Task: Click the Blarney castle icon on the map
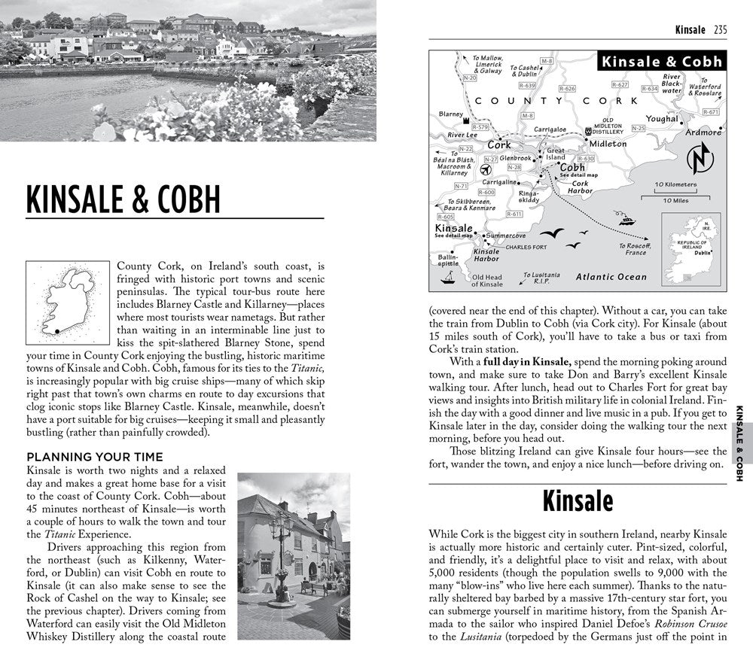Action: [x=467, y=121]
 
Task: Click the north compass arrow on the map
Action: [x=700, y=160]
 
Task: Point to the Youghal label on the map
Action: [x=662, y=119]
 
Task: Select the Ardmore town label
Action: [x=703, y=132]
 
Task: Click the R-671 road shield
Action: [x=710, y=112]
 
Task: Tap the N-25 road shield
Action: [x=638, y=129]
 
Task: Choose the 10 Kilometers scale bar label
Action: [x=675, y=184]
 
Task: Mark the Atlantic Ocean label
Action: [x=611, y=277]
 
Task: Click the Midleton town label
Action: [x=608, y=143]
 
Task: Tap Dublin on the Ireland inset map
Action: [x=703, y=254]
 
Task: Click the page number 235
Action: [x=720, y=30]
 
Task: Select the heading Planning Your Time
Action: [x=94, y=457]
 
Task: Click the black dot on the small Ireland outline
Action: [x=56, y=330]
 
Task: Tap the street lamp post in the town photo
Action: [x=281, y=542]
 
